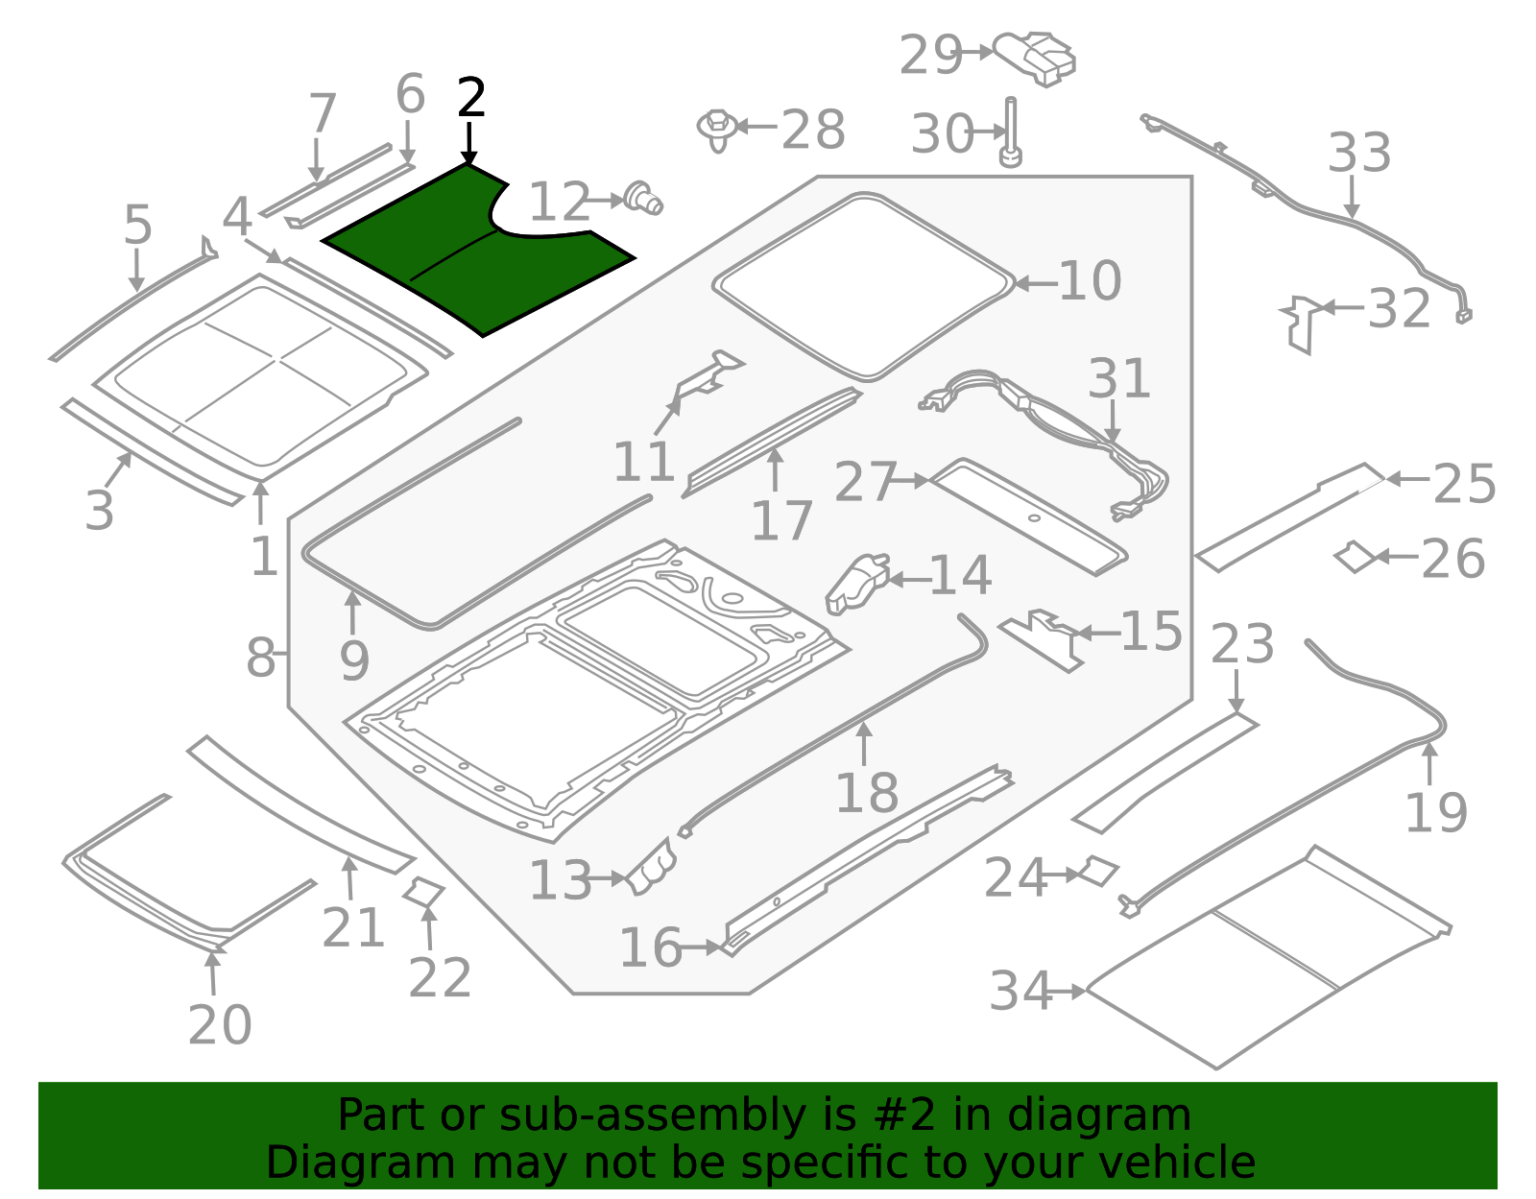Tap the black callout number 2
470,99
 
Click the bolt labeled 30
1010,133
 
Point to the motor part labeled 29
1037,57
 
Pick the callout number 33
1359,154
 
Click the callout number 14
961,576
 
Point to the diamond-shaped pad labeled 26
1356,557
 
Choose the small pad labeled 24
1098,871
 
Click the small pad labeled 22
423,892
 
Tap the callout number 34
1020,992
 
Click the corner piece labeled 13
652,867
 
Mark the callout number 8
260,659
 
